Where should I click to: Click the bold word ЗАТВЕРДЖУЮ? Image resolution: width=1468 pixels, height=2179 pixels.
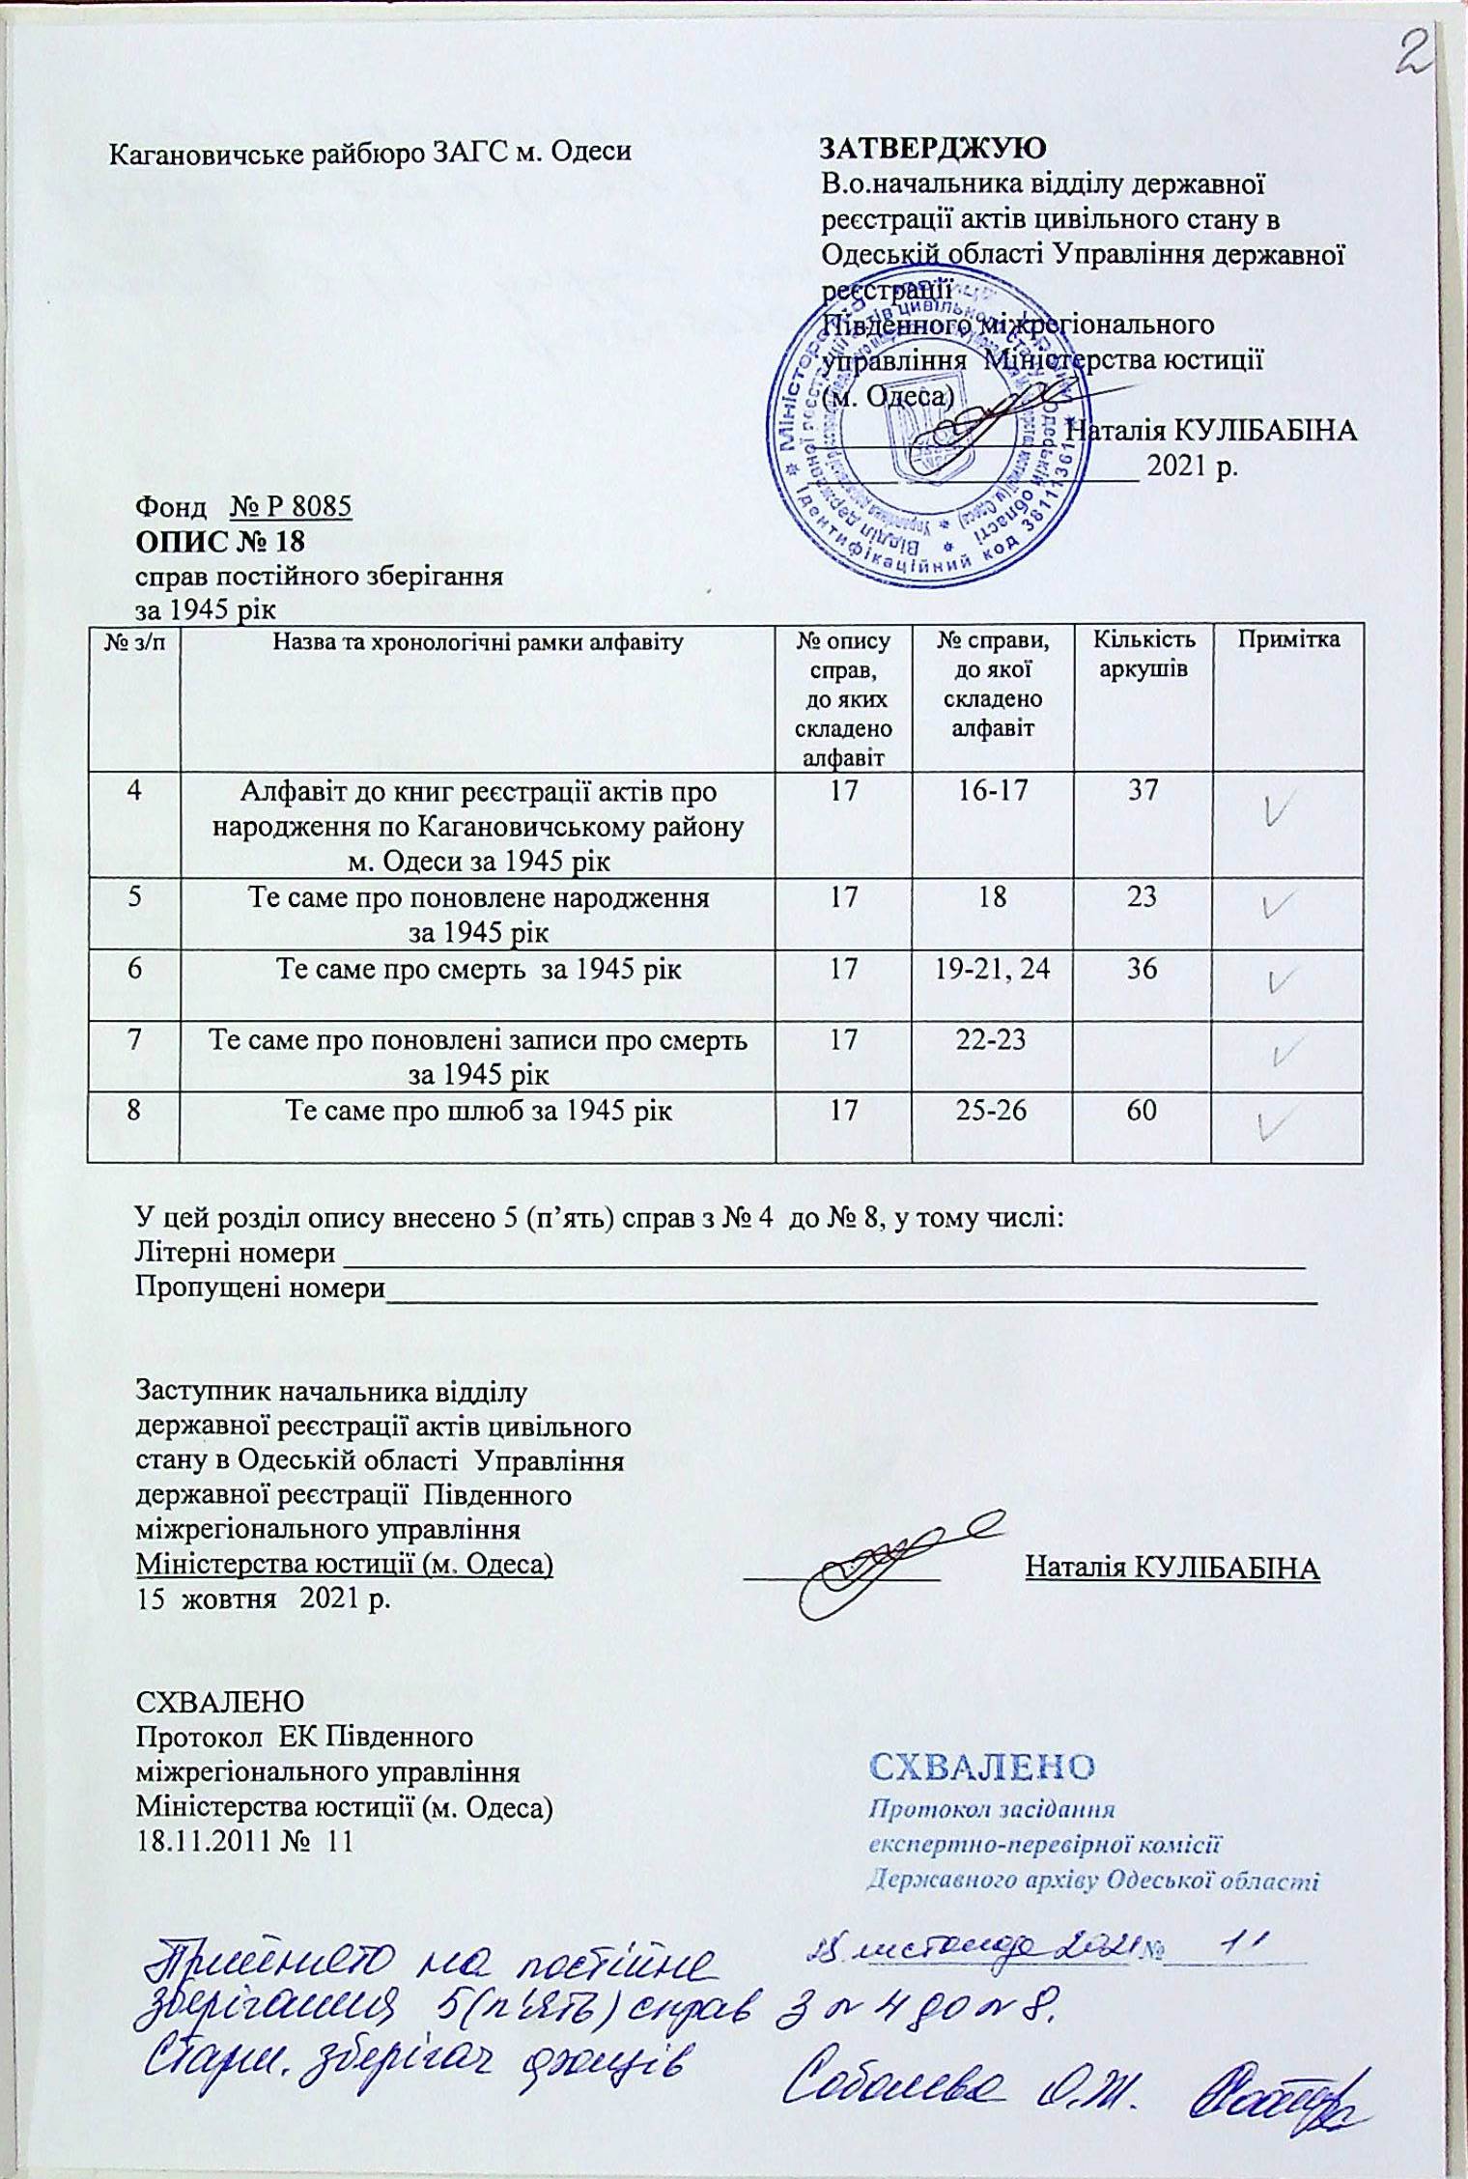click(x=933, y=151)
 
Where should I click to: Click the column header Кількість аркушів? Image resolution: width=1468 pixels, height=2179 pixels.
click(x=1143, y=654)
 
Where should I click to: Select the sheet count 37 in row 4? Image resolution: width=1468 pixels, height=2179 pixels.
click(x=1143, y=793)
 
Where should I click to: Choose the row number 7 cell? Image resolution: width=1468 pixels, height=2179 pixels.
click(x=133, y=1040)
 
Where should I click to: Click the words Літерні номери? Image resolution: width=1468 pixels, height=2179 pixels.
click(x=236, y=1255)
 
